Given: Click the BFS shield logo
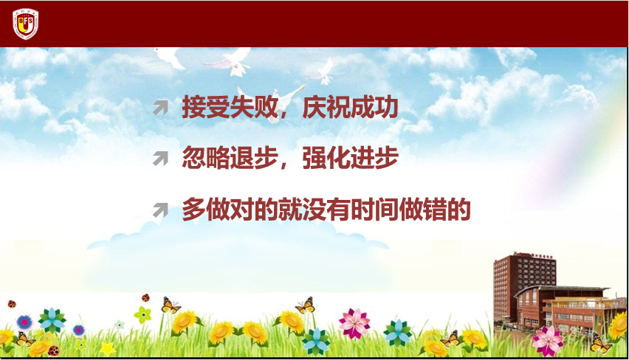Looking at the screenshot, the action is [x=25, y=24].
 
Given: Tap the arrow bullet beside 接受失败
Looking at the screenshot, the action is [x=160, y=108].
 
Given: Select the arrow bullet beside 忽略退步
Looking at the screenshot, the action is [x=160, y=158].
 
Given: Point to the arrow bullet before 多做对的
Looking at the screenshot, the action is [x=160, y=210].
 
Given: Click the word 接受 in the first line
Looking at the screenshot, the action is [x=206, y=107].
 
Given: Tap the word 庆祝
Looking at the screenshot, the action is [x=326, y=107].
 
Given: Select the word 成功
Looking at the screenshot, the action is [x=374, y=107].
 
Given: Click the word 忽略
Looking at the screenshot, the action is [x=206, y=158].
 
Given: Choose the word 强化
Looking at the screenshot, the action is [x=326, y=158].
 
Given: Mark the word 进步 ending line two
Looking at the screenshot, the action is [x=374, y=158].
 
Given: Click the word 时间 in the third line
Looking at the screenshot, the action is [x=374, y=210].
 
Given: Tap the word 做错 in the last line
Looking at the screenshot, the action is [x=422, y=210].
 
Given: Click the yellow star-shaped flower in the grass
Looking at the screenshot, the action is [x=108, y=349].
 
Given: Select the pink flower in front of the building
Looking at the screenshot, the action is [x=548, y=341].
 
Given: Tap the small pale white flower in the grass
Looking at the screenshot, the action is [x=119, y=325].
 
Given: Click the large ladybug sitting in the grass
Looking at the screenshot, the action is [x=54, y=351].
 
